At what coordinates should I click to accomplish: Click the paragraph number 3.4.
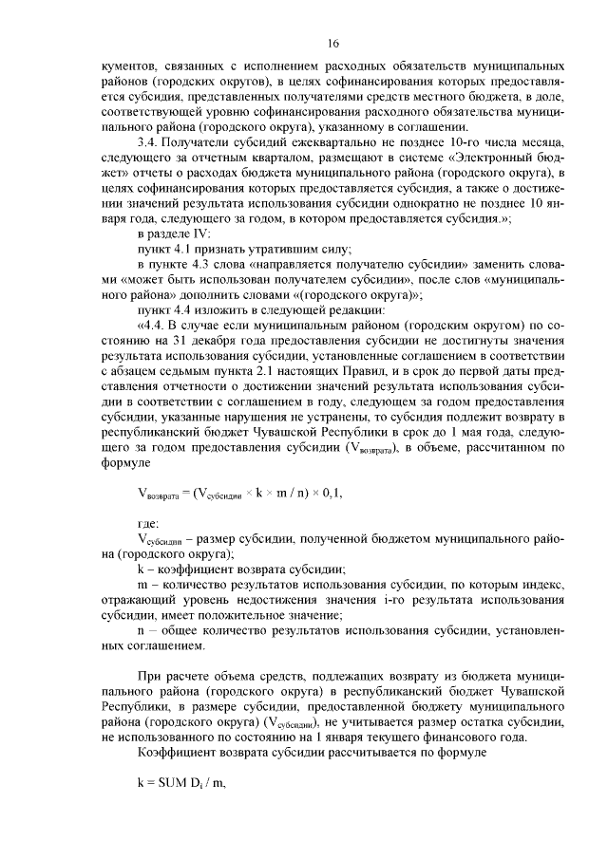pyautogui.click(x=149, y=140)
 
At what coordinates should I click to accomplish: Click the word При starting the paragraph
pyautogui.click(x=150, y=680)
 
